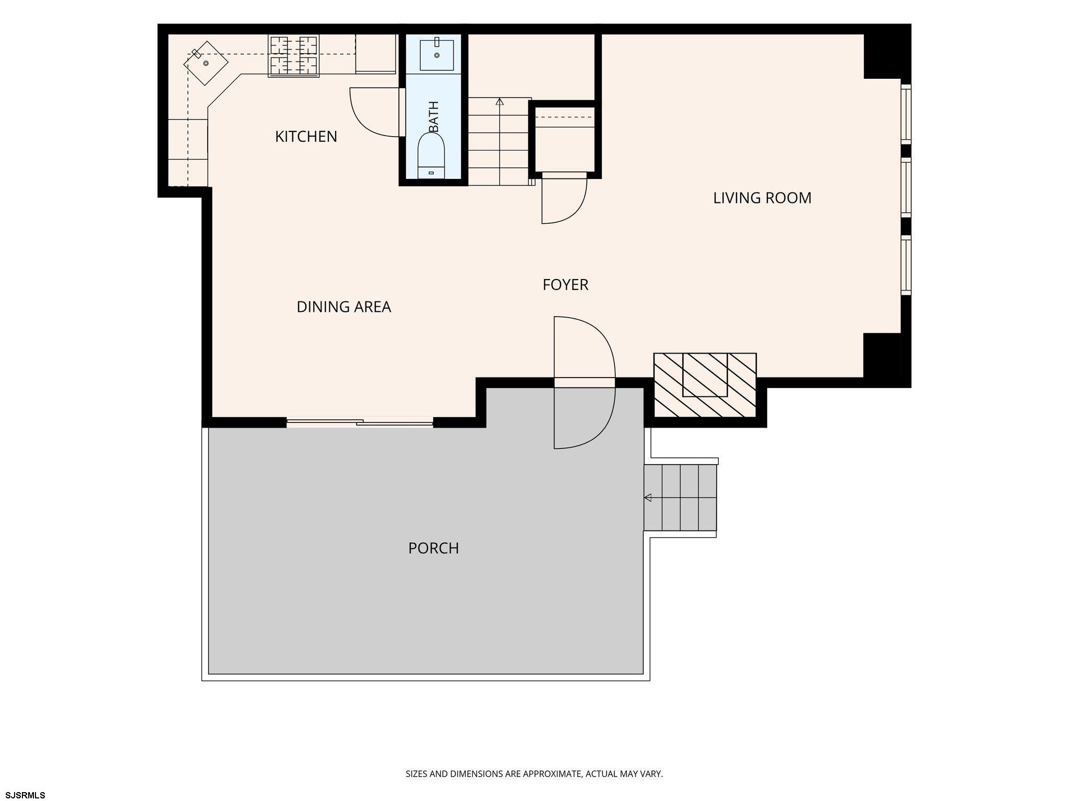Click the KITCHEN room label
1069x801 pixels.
(x=306, y=137)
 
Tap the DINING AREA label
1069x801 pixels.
(x=343, y=307)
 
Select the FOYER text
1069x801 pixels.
(x=565, y=285)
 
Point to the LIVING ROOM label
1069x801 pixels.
(x=762, y=198)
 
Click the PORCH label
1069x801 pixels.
(x=433, y=549)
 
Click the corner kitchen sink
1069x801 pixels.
(x=206, y=63)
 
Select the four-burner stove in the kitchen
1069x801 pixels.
(x=293, y=56)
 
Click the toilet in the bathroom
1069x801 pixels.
(x=431, y=155)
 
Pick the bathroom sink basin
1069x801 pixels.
(x=437, y=55)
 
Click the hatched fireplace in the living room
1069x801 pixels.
(x=705, y=385)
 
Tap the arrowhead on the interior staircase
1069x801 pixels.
(x=500, y=101)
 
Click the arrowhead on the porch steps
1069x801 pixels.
(x=648, y=497)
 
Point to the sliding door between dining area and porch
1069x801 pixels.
(x=360, y=422)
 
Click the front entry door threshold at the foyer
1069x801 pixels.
(x=585, y=383)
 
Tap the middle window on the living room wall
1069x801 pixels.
(x=906, y=187)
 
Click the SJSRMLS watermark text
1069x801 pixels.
(x=23, y=795)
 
